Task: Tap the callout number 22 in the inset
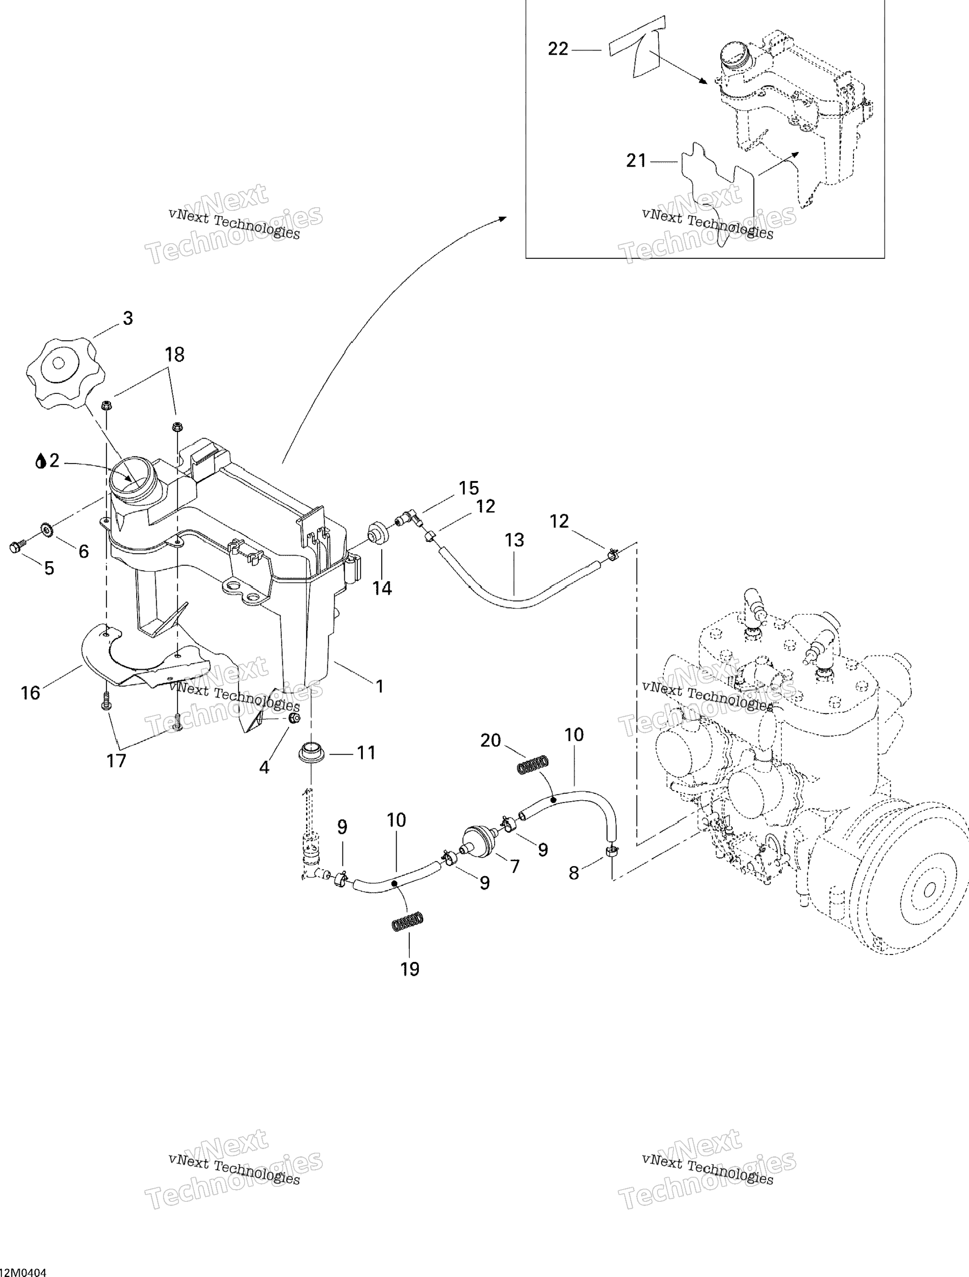pos(558,49)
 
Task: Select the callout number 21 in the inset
pos(636,160)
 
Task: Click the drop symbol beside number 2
pos(41,461)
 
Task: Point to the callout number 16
pos(30,692)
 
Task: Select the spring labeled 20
pos(531,766)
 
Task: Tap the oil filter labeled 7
pos(479,842)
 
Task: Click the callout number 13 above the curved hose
pos(514,540)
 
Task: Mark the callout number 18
pos(174,354)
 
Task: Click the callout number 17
pos(116,760)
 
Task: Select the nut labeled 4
pos(294,718)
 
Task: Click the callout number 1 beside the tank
pos(379,686)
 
